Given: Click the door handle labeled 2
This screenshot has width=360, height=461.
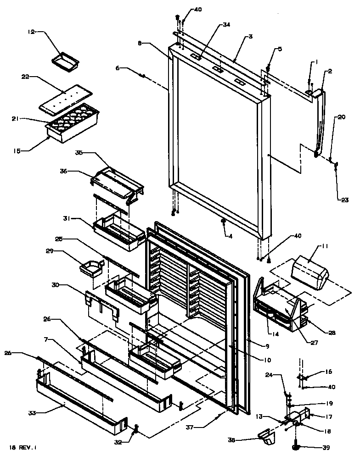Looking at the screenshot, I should [321, 124].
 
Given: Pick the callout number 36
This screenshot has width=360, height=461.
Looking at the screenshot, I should [63, 171].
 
